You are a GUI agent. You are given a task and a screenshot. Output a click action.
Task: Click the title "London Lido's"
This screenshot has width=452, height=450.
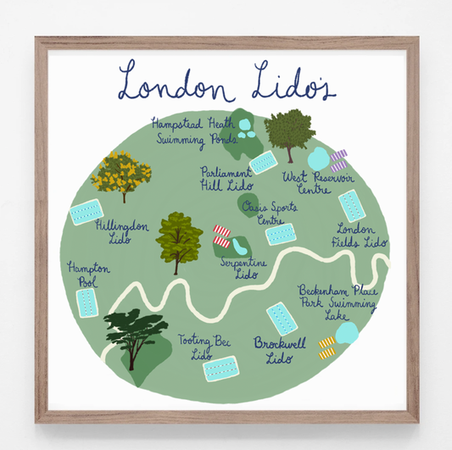pyautogui.click(x=227, y=82)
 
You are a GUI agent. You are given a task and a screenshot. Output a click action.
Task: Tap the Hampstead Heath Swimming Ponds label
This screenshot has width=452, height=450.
pyautogui.click(x=193, y=131)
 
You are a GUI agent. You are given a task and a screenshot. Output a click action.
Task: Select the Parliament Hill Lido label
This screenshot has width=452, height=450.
pyautogui.click(x=225, y=177)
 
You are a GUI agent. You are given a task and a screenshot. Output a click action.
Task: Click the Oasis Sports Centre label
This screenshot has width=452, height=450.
pyautogui.click(x=263, y=212)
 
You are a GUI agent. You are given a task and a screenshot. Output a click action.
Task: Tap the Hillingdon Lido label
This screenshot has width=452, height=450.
pyautogui.click(x=122, y=233)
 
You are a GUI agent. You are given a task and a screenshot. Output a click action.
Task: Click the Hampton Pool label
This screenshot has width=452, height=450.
pyautogui.click(x=84, y=273)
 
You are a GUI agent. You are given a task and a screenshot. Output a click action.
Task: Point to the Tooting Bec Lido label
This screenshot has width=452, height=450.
pyautogui.click(x=199, y=346)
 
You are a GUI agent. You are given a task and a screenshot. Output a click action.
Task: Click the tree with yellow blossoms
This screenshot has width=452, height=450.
pyautogui.click(x=121, y=174)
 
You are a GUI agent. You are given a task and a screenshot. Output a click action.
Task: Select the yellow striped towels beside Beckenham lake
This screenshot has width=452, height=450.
pyautogui.click(x=326, y=347)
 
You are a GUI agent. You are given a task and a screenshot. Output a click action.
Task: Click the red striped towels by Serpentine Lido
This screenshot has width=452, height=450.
pyautogui.click(x=222, y=236)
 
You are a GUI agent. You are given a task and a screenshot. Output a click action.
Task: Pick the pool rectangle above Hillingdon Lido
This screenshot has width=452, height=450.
pyautogui.click(x=86, y=211)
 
